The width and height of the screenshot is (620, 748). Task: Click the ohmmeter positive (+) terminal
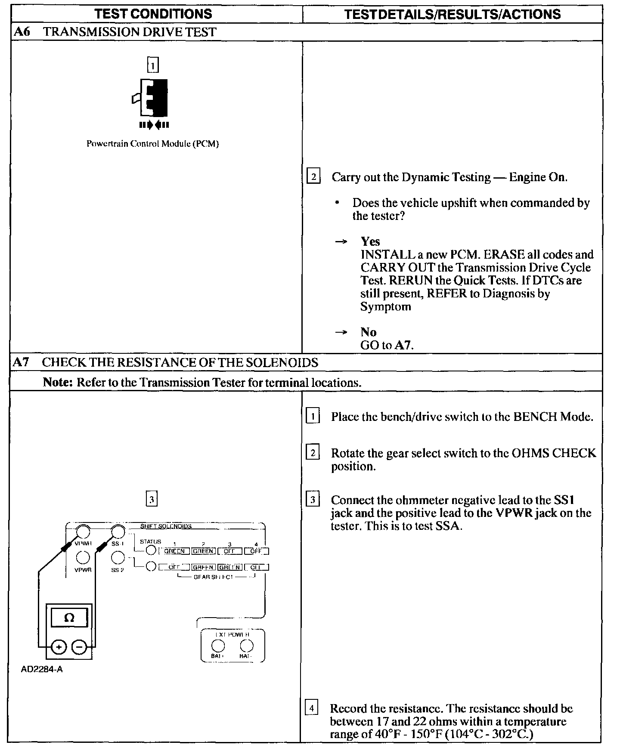point(59,646)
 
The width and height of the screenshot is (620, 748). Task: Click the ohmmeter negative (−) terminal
point(79,646)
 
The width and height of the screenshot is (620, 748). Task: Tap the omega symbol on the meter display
point(69,618)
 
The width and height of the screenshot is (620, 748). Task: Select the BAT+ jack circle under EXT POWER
point(218,646)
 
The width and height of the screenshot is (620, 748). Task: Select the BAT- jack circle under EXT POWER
point(246,646)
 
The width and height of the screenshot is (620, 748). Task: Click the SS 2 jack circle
point(118,558)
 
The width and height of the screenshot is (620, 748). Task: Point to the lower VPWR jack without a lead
point(83,558)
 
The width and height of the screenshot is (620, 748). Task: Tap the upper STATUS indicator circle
point(151,550)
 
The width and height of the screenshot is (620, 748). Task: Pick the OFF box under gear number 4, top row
point(256,551)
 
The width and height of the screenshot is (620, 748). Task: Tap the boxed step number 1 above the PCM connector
point(153,65)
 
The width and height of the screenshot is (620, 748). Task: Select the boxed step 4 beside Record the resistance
point(311,708)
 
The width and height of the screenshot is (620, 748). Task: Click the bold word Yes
point(370,241)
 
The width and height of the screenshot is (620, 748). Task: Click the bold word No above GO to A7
point(369,332)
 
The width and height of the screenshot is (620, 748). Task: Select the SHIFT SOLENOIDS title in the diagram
point(166,526)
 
